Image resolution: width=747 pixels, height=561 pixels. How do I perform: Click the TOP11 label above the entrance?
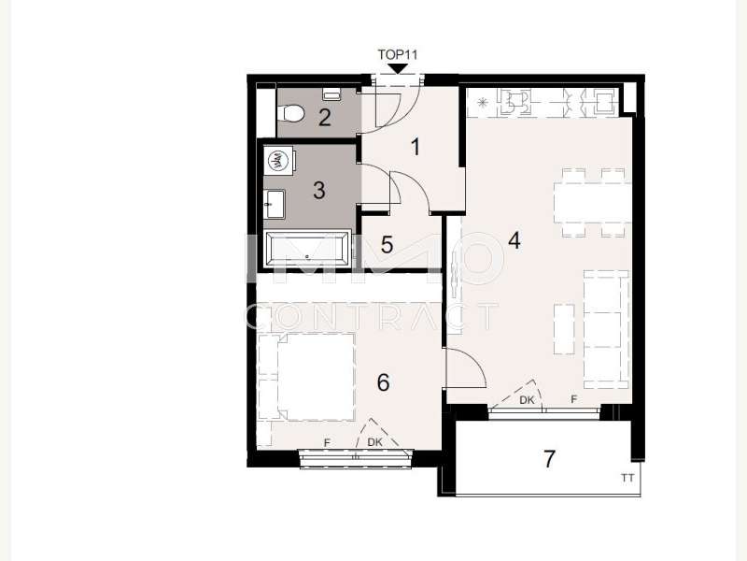click(x=398, y=55)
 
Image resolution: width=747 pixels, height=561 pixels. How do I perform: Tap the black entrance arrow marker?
click(x=399, y=68)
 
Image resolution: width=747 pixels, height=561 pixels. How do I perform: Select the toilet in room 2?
click(x=290, y=114)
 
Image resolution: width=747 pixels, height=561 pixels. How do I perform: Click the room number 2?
click(x=324, y=118)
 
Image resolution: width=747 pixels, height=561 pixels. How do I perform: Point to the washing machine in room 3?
click(x=277, y=161)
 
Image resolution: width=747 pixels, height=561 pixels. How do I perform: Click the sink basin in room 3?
click(x=275, y=204)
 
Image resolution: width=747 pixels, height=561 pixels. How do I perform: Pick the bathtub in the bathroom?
click(x=307, y=249)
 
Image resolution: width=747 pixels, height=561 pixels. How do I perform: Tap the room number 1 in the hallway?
click(x=416, y=147)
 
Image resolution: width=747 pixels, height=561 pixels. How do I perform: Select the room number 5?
click(x=387, y=245)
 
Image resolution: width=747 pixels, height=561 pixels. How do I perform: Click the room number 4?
click(x=514, y=240)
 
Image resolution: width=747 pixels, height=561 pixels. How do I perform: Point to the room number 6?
click(x=383, y=382)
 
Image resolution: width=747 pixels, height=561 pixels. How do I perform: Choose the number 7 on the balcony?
click(x=549, y=459)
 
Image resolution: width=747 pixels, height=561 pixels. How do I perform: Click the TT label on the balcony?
click(x=627, y=477)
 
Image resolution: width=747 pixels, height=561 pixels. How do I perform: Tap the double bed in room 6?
click(x=307, y=377)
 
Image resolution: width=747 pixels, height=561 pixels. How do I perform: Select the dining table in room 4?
click(x=593, y=203)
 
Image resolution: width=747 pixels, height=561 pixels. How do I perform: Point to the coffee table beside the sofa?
click(x=564, y=329)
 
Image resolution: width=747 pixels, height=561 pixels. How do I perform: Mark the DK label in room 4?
click(x=527, y=400)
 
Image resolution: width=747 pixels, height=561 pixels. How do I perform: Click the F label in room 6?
click(x=327, y=443)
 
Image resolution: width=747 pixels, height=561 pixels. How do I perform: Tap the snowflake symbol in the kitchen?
click(x=483, y=102)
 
